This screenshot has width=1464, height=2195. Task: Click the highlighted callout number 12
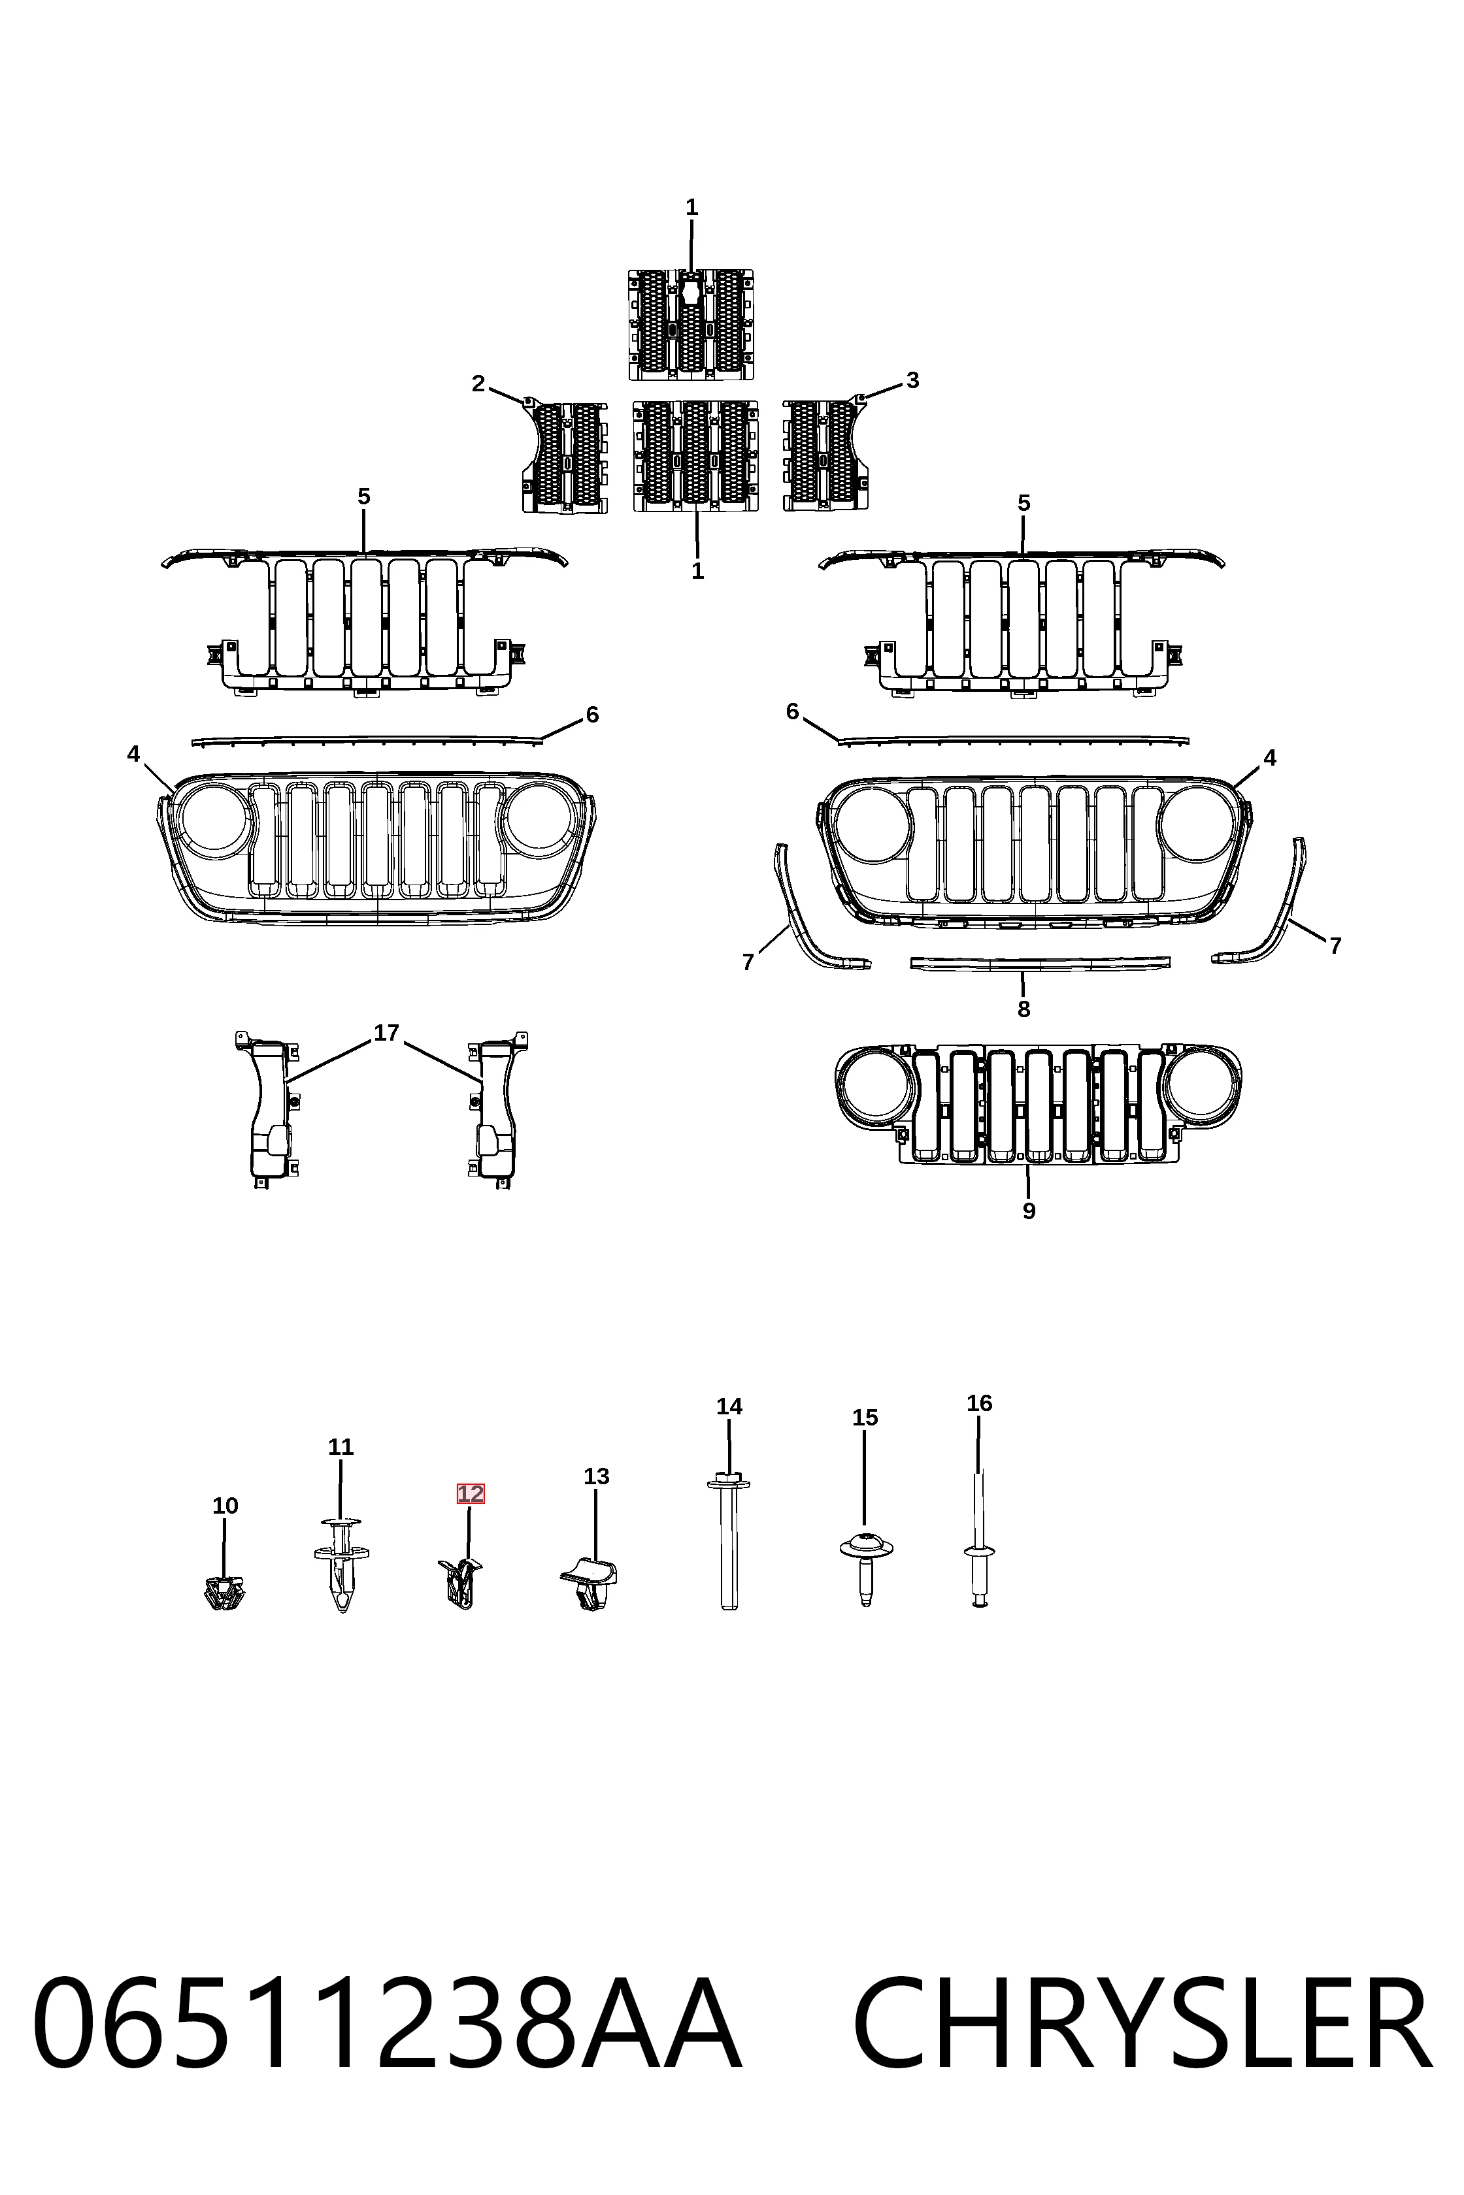[x=470, y=1493]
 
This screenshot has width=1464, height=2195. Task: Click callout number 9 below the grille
[x=1029, y=1211]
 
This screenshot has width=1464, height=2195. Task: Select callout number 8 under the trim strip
[x=1023, y=1009]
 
